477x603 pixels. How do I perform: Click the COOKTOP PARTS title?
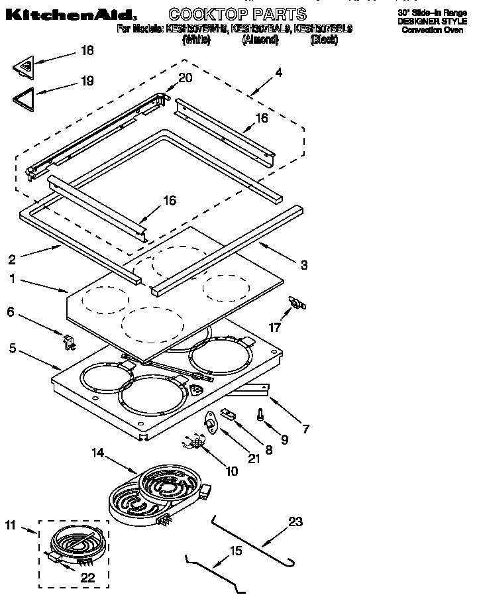point(237,13)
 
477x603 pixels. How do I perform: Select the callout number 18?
point(87,50)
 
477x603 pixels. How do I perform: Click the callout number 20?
point(185,77)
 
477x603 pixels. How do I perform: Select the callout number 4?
point(278,73)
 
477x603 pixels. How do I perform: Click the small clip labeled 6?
point(68,341)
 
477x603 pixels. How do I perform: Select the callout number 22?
point(87,578)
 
